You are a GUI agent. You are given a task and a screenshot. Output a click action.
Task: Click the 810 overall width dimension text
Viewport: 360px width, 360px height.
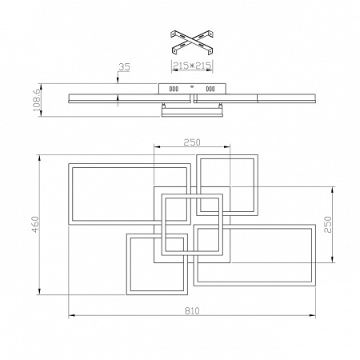(192, 310)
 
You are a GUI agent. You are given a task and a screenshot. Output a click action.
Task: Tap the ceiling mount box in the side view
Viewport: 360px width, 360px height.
(192, 89)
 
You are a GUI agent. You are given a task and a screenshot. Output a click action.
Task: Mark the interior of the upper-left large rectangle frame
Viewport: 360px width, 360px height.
(112, 194)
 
